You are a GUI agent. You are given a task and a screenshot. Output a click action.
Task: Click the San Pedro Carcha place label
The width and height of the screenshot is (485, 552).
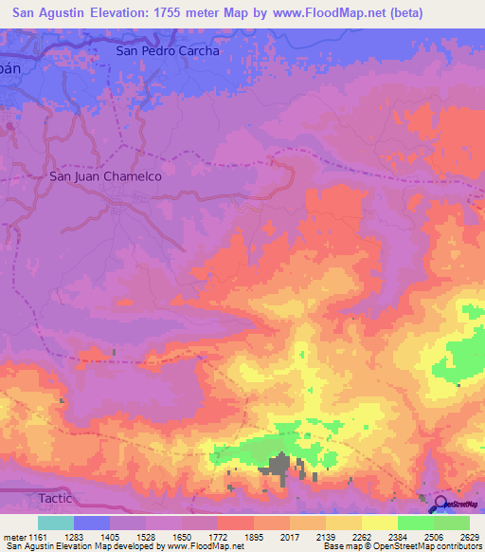click(167, 51)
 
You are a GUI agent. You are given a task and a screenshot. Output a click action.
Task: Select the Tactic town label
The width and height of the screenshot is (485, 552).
click(56, 499)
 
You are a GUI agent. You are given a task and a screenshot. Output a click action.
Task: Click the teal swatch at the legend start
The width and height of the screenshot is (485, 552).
click(55, 523)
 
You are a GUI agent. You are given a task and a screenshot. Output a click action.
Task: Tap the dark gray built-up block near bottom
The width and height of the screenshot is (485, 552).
click(280, 467)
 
